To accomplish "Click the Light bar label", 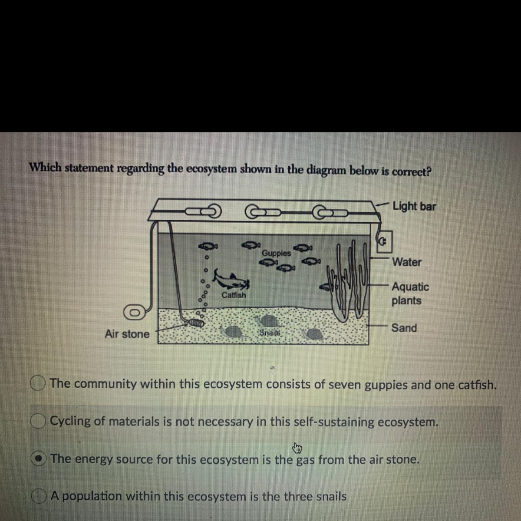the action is point(414,206).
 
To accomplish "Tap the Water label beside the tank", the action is point(407,262).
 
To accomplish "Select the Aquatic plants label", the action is point(410,293).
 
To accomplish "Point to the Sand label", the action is point(404,328).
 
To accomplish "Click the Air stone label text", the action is point(127,333).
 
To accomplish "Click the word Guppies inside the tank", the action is point(276,253).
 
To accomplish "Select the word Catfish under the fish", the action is point(234,295).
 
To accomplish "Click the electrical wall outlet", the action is point(384,241).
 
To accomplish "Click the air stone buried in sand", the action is point(195,323).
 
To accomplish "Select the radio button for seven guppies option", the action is point(38,383).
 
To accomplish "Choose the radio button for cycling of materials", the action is point(38,422).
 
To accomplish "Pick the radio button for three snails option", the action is point(39,496).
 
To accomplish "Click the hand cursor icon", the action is point(297,448).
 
